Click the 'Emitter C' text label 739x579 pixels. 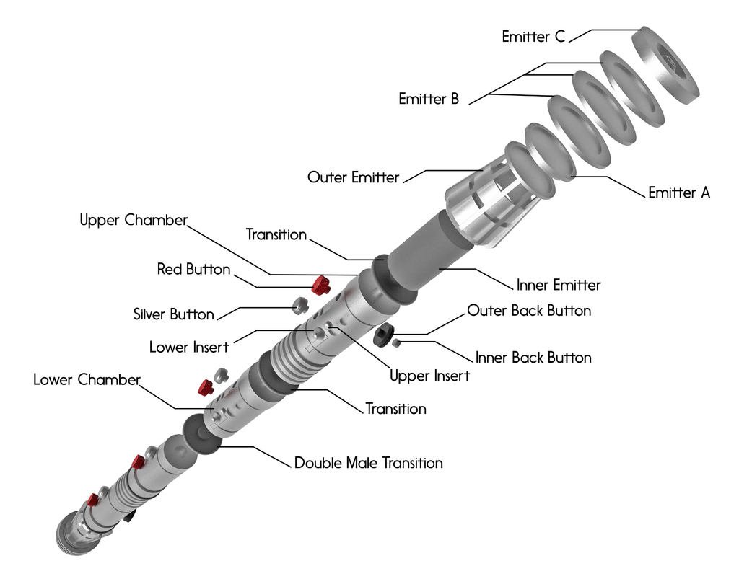point(533,37)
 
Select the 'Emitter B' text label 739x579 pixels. point(429,99)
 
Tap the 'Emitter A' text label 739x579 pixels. point(679,193)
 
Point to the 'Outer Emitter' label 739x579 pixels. point(353,177)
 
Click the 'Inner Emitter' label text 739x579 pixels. point(559,285)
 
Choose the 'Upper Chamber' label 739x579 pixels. point(134,220)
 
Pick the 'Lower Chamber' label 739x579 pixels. point(87,379)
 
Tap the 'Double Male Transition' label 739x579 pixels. point(368,463)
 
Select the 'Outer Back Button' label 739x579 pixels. point(529,311)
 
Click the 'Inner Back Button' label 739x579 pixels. point(533,358)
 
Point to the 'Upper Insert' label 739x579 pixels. point(429,376)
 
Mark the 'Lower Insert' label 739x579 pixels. point(188,347)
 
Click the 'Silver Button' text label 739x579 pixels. point(173,314)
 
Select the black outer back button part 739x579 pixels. point(383,333)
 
